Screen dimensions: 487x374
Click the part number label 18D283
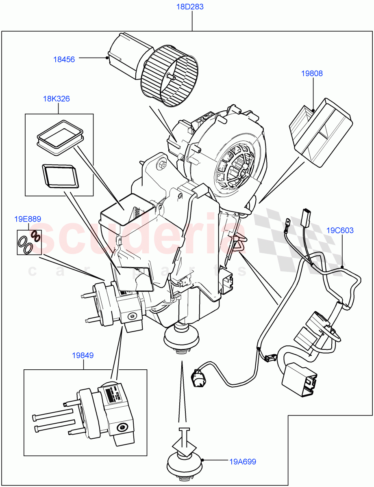(190, 7)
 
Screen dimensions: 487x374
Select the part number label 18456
(64, 59)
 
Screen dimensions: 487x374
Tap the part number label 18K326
(56, 99)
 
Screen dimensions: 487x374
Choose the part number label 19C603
(340, 231)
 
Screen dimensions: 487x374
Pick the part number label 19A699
(243, 461)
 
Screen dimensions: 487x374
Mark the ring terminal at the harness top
(288, 223)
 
